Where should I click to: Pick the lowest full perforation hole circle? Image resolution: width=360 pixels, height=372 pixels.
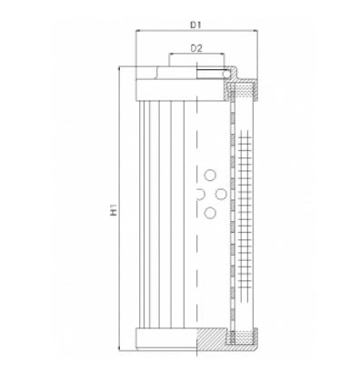pyautogui.click(x=211, y=212)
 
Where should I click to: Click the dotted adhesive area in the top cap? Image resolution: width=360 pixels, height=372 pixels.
pyautogui.click(x=246, y=89)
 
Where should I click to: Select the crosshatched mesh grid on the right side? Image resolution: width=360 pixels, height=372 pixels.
pyautogui.click(x=245, y=209)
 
